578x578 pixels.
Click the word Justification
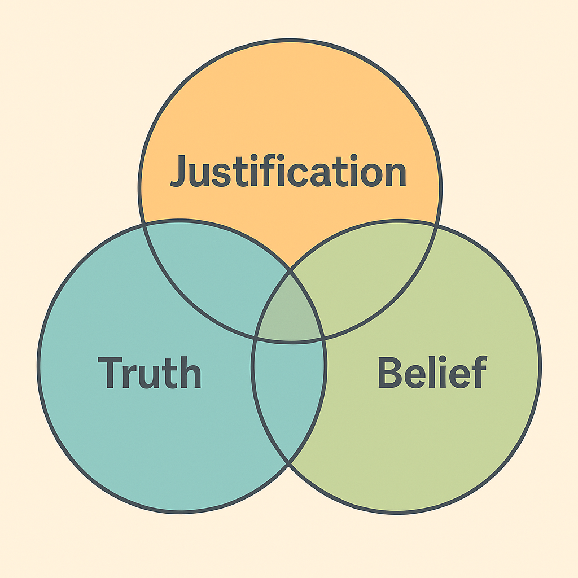point(288,170)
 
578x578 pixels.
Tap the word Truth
point(149,373)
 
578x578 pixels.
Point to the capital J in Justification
point(177,171)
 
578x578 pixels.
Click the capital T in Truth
point(110,373)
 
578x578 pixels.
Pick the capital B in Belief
point(390,373)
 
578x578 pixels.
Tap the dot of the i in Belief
point(443,358)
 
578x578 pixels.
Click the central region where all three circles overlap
point(290,312)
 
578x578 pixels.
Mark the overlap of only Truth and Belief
point(288,395)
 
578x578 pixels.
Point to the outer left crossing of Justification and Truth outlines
point(143,225)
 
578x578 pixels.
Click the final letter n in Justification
point(396,174)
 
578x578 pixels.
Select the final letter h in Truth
point(191,373)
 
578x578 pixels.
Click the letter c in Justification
point(297,174)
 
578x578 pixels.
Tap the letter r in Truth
point(129,376)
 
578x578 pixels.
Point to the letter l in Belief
point(432,371)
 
